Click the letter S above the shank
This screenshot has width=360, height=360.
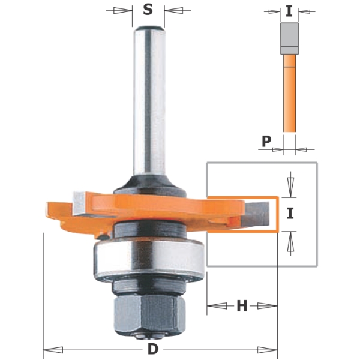(148, 10)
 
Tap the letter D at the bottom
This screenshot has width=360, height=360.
(153, 350)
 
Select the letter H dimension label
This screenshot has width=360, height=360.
(242, 306)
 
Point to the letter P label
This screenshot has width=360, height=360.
(266, 141)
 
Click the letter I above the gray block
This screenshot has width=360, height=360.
(289, 11)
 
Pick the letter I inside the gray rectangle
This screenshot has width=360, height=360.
(290, 213)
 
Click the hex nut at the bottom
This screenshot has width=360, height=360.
(149, 313)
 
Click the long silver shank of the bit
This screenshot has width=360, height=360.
(149, 101)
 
